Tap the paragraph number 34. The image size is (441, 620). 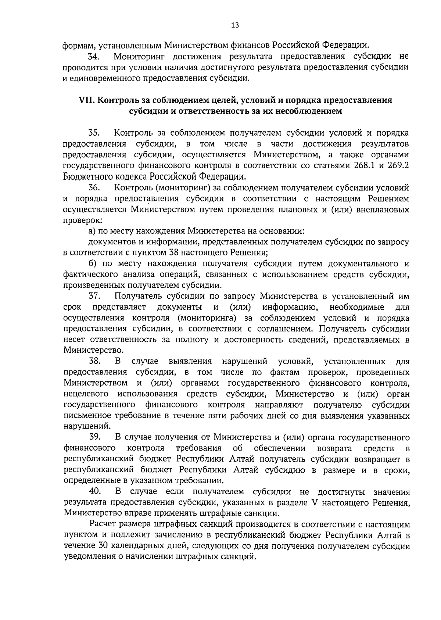[x=94, y=57]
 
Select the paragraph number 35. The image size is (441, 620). [x=94, y=133]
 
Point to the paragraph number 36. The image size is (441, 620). [x=94, y=188]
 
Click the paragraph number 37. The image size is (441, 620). [x=94, y=296]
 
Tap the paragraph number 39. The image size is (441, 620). [x=94, y=437]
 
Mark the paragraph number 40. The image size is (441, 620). [x=94, y=491]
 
